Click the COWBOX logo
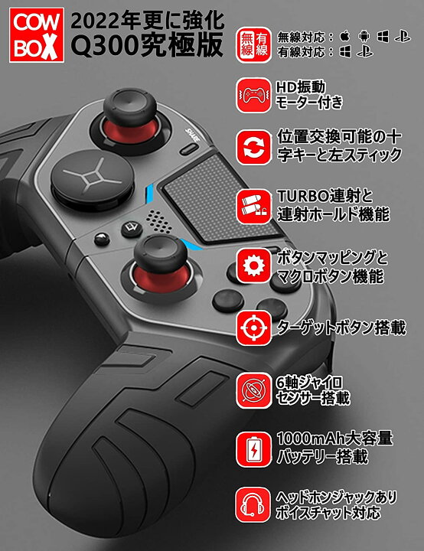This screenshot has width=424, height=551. (37, 35)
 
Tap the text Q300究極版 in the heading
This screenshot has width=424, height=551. (147, 45)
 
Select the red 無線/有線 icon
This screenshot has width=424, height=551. (253, 45)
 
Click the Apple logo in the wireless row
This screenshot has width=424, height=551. (345, 37)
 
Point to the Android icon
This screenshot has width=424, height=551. (364, 37)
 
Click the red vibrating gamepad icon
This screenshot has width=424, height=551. (253, 95)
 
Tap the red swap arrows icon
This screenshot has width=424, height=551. (253, 147)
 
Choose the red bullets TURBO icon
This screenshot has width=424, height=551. (253, 207)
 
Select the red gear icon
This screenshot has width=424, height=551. (253, 266)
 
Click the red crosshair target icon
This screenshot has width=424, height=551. (253, 328)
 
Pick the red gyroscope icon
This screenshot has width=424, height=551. (253, 391)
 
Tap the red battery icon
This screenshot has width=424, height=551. (253, 449)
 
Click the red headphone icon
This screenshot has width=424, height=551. (253, 504)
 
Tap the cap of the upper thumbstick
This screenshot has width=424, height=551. (130, 106)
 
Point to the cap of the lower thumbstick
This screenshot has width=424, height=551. (160, 253)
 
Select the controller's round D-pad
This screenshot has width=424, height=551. (93, 180)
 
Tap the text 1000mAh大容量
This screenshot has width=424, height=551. (334, 439)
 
